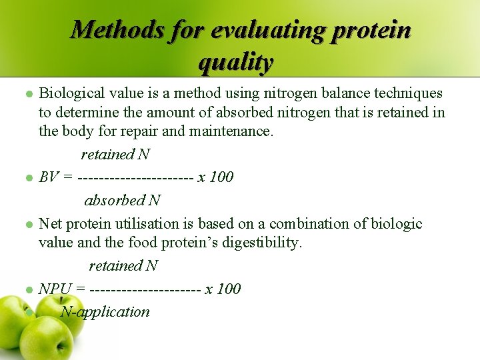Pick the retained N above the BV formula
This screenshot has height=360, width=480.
click(115, 155)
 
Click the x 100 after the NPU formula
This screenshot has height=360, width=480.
click(223, 289)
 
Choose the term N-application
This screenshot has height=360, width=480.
click(105, 311)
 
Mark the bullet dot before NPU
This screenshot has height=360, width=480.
click(29, 290)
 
